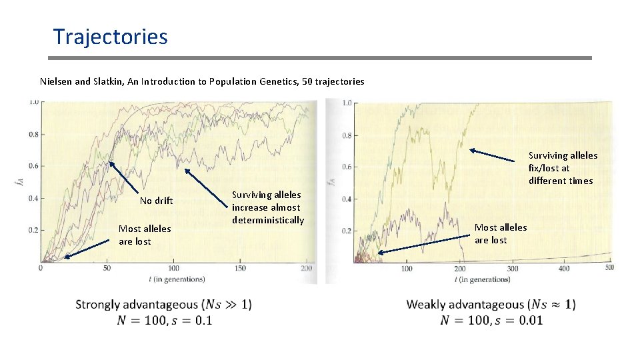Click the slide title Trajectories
coord(110,36)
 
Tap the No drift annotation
coord(156,201)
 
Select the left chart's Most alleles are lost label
coord(144,235)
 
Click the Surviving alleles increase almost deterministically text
coord(267,207)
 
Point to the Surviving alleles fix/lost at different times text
coord(563,168)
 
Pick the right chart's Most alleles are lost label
coord(500,233)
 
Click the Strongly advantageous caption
coord(163,305)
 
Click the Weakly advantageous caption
coord(491,305)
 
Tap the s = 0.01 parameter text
coord(519,320)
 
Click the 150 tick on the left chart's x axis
coord(240,269)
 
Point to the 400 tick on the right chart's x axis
coord(563,269)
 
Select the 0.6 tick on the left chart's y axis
coord(32,166)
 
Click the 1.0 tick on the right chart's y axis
coord(347,103)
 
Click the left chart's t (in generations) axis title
coord(173,279)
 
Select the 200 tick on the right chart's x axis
coord(459,269)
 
